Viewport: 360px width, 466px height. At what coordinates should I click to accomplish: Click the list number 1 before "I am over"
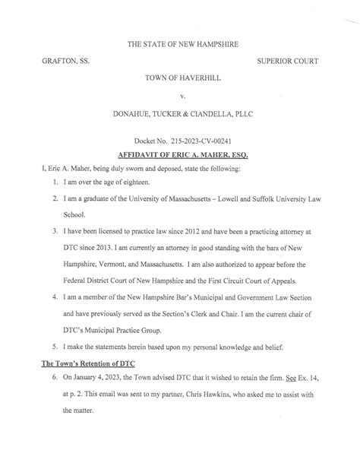coord(47,182)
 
